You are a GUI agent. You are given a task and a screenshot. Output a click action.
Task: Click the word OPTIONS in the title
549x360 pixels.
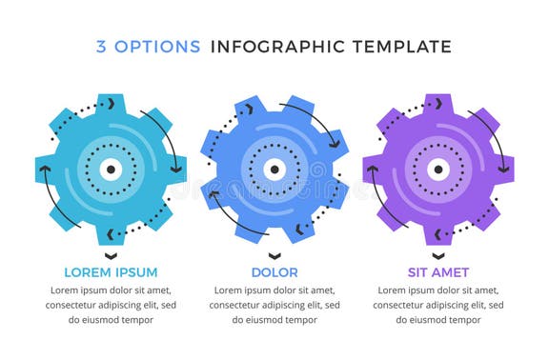pos(157,47)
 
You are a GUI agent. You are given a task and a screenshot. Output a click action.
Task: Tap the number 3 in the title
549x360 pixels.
pos(101,47)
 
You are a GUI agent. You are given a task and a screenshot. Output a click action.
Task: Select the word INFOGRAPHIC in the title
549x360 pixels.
pos(272,47)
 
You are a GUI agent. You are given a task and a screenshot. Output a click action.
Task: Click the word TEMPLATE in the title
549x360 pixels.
pos(396,47)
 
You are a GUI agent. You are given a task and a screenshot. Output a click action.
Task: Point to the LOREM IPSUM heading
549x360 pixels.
pos(111,272)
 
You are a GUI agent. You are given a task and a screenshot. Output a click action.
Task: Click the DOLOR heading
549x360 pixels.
pos(274,272)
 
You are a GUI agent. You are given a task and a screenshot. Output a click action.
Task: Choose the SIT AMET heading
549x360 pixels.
pos(437,272)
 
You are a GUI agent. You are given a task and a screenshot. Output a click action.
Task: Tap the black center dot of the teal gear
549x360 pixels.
pos(111,170)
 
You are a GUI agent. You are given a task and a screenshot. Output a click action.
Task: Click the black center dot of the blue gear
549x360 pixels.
pos(274,170)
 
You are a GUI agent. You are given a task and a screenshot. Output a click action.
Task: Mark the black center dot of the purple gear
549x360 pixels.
pos(438,170)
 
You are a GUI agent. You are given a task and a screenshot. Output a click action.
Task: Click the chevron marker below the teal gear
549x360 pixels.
pos(111,255)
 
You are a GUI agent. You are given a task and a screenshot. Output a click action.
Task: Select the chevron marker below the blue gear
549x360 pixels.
pos(274,255)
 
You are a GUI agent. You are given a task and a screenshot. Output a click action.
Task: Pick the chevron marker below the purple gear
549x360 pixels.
pos(438,255)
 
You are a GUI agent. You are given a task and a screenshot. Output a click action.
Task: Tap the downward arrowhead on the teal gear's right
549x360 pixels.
pos(176,169)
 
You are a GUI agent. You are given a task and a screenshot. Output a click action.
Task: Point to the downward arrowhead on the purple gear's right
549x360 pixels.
pos(504,169)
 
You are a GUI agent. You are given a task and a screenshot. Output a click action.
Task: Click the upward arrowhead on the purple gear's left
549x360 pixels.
pos(373,170)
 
